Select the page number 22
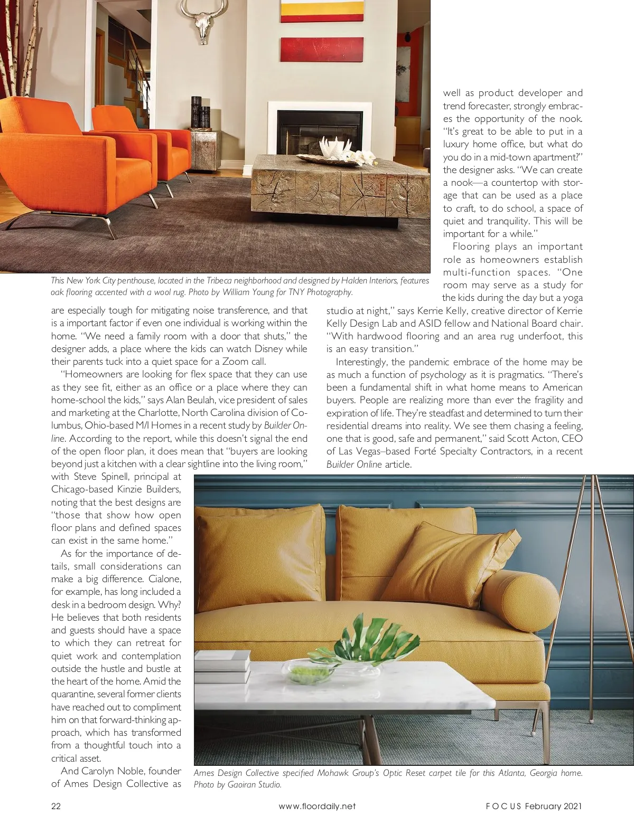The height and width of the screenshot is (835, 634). pos(56,806)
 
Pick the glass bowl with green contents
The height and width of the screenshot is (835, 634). pos(303,670)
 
